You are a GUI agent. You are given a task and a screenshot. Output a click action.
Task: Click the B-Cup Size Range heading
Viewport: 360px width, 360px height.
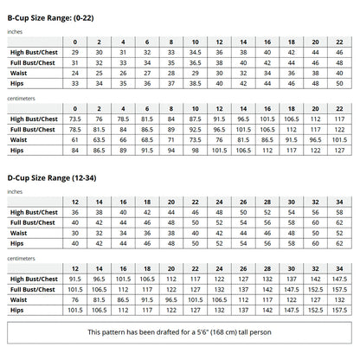pos(59,9)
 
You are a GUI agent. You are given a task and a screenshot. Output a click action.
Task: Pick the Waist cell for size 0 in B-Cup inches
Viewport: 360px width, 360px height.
pos(75,73)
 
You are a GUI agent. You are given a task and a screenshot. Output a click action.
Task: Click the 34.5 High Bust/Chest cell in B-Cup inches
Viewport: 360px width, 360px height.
pos(196,53)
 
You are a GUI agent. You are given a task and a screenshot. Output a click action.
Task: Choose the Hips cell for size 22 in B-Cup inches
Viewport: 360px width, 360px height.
pos(339,83)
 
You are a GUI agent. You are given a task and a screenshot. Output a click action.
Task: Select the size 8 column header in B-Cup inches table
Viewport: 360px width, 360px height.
pos(171,42)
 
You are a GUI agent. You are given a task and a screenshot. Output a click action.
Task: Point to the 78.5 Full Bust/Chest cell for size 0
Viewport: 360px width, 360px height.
pos(75,129)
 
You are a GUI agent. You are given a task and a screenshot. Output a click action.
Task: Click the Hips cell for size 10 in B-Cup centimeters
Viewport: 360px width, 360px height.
pos(196,149)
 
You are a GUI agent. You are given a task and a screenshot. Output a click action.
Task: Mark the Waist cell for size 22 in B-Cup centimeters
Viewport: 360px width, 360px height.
pos(339,139)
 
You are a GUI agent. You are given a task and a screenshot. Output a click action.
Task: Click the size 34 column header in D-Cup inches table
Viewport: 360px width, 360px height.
pos(339,201)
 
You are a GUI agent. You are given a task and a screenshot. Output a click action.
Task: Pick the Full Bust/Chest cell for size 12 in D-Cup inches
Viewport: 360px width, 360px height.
pos(75,222)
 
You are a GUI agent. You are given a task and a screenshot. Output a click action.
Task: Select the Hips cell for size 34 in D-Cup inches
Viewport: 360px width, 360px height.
pos(339,243)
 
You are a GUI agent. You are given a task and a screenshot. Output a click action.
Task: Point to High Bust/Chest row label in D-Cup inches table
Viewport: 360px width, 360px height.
pos(32,212)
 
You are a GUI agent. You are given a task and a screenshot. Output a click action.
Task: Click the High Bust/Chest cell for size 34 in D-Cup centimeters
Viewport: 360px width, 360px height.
pos(339,279)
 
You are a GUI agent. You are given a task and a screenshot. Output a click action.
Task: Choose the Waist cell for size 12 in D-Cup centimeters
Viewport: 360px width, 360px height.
pos(75,299)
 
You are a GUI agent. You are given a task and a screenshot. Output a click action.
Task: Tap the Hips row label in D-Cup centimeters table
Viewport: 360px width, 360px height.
pos(16,310)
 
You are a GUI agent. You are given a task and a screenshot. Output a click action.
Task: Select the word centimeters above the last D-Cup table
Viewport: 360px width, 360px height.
pos(22,257)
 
